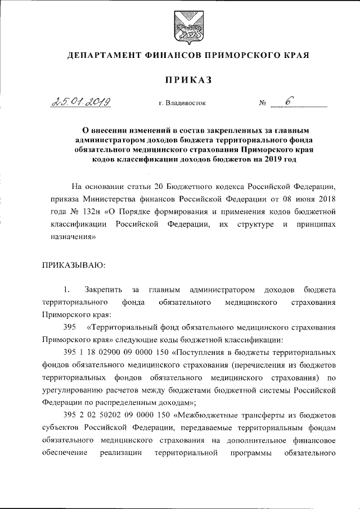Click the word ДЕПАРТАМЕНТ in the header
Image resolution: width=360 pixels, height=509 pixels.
[102, 56]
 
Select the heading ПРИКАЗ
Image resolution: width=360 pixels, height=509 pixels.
[180, 80]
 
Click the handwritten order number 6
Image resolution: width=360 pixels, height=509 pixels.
[289, 101]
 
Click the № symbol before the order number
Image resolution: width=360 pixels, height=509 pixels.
[262, 103]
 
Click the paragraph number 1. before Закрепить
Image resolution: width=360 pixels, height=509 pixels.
[66, 290]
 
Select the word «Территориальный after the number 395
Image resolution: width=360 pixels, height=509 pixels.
[124, 327]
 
